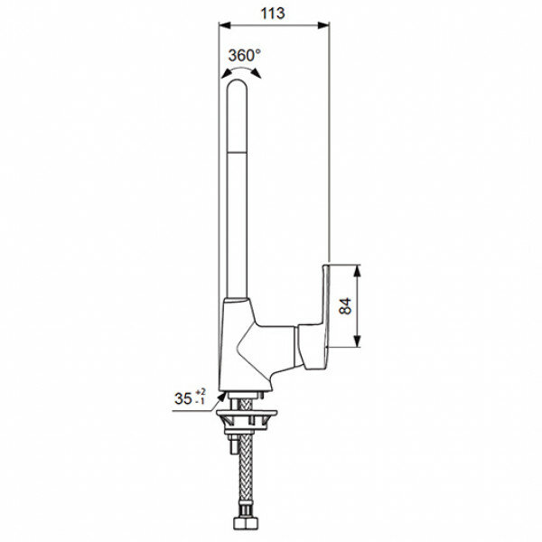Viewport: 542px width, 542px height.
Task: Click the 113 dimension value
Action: click(273, 14)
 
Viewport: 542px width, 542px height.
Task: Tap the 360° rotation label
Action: click(245, 55)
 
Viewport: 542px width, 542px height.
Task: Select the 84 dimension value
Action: click(345, 305)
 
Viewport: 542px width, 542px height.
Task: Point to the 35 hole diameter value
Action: click(183, 398)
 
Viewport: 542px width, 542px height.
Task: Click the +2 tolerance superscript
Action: click(201, 392)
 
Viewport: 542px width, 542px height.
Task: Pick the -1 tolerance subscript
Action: click(201, 401)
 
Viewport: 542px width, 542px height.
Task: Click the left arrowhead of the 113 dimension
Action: click(225, 25)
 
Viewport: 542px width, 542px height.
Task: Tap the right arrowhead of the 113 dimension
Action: click(323, 25)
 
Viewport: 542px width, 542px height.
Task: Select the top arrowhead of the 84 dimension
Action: click(358, 271)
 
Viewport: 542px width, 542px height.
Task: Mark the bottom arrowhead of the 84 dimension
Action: click(358, 341)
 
